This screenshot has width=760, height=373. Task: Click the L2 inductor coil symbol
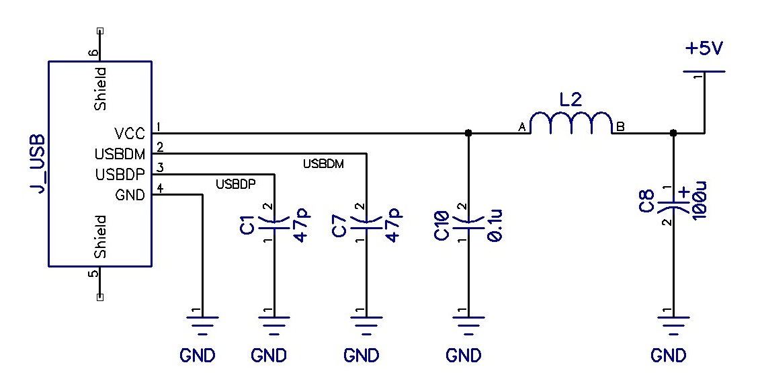pos(571,124)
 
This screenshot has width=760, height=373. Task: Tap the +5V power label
pos(704,50)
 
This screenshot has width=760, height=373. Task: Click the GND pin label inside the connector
pos(130,196)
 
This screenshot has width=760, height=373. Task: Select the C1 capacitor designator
pos(247,225)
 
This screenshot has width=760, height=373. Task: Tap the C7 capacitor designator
pos(339,225)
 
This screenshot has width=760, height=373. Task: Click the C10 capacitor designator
pos(441,224)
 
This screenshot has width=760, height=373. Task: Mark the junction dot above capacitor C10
pos(468,133)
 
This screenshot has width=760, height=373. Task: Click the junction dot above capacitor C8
pos(673,133)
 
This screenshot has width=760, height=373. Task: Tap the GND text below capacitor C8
pos(669,356)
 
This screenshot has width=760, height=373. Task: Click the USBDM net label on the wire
pos(323,163)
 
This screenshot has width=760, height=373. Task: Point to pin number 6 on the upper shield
pos(93,51)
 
